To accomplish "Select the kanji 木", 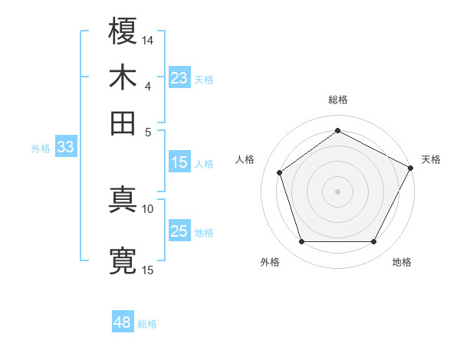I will coord(123,77).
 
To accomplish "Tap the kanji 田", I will coord(123,123).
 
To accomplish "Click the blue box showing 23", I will coord(179,78).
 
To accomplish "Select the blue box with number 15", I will coord(179,162).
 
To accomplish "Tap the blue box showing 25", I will coord(179,232).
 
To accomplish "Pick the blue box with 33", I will coord(65,147).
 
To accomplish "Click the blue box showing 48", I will coord(123,322).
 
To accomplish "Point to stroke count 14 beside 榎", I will coord(148,39).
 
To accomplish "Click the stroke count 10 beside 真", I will coord(148,208).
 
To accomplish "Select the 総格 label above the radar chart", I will coord(338,100).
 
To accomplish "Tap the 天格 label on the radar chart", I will coord(431,159).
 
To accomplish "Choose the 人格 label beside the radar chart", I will coord(245,159).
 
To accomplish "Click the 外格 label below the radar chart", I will coord(270,263).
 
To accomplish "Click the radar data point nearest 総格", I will coord(338,131).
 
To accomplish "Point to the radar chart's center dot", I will coord(338,191).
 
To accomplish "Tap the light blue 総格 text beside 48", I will coord(147,324).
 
